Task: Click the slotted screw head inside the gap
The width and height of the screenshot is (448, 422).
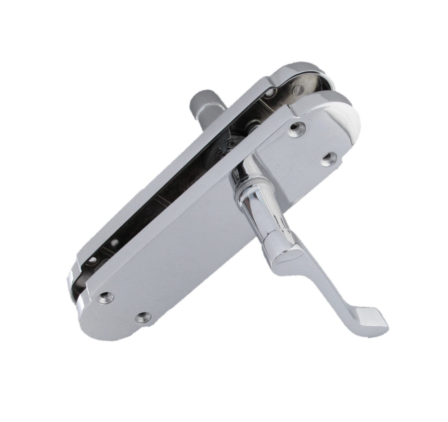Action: click(x=299, y=90)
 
